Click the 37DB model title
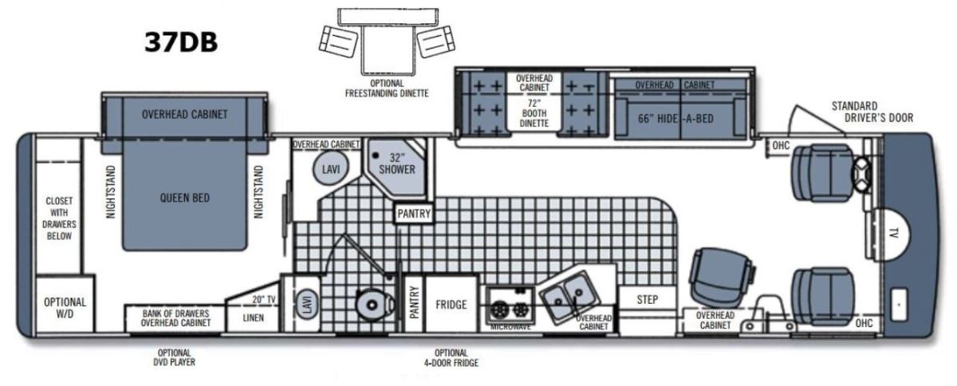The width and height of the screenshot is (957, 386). click(x=181, y=42)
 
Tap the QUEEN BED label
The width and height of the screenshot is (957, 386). click(x=184, y=198)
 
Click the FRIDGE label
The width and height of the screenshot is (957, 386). click(x=451, y=305)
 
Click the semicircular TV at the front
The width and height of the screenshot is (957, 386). click(x=892, y=234)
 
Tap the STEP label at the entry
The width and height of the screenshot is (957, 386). click(x=648, y=300)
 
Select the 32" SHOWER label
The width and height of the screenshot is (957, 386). click(x=397, y=163)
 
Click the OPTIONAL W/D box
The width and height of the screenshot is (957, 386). click(x=65, y=304)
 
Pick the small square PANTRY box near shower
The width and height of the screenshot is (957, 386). click(x=414, y=213)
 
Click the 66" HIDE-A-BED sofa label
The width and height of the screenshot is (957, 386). click(x=676, y=118)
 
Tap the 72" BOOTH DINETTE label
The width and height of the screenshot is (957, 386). click(x=534, y=113)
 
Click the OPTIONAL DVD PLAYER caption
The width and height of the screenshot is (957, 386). click(x=175, y=357)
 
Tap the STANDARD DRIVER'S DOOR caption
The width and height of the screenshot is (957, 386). click(x=872, y=112)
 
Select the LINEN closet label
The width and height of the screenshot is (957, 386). click(x=254, y=318)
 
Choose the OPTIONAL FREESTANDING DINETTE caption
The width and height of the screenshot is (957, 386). click(x=387, y=89)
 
